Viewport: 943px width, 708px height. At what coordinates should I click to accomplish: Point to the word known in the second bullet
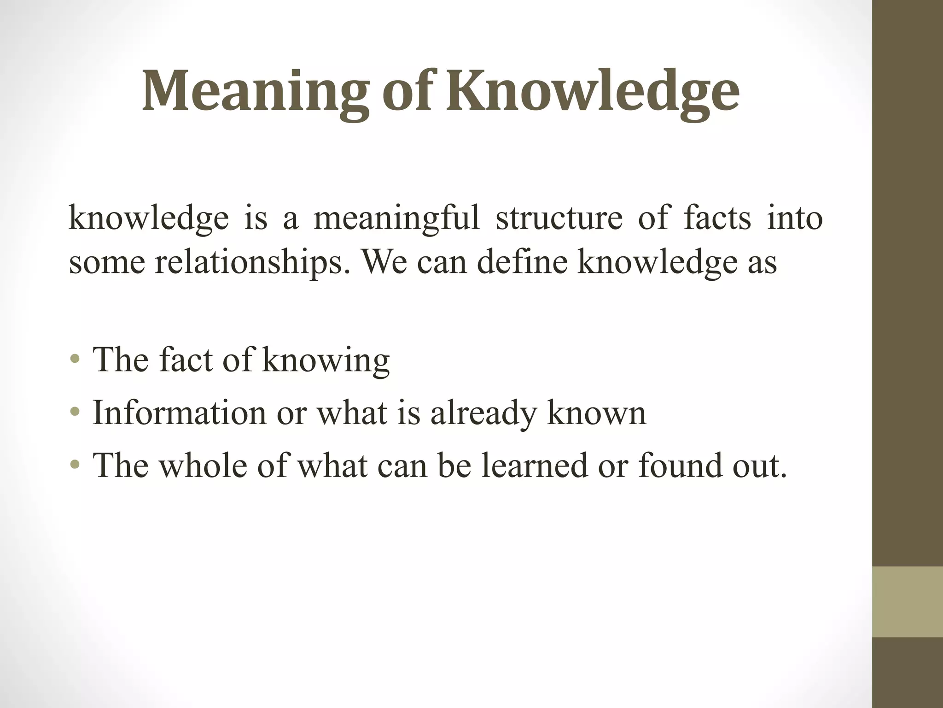tap(597, 413)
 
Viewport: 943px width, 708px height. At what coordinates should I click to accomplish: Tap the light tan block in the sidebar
tap(907, 602)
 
